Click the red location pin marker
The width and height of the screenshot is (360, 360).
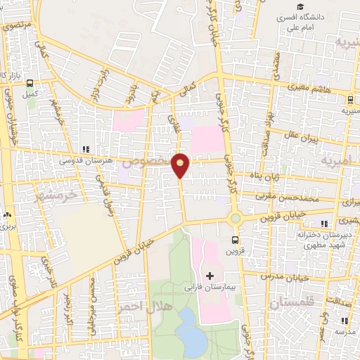[x=181, y=165]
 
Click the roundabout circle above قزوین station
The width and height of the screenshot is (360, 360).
[x=235, y=219]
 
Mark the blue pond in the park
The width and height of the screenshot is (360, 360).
[x=191, y=332]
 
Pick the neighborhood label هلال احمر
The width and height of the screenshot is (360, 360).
[x=144, y=307]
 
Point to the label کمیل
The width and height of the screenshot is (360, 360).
[x=30, y=93]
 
